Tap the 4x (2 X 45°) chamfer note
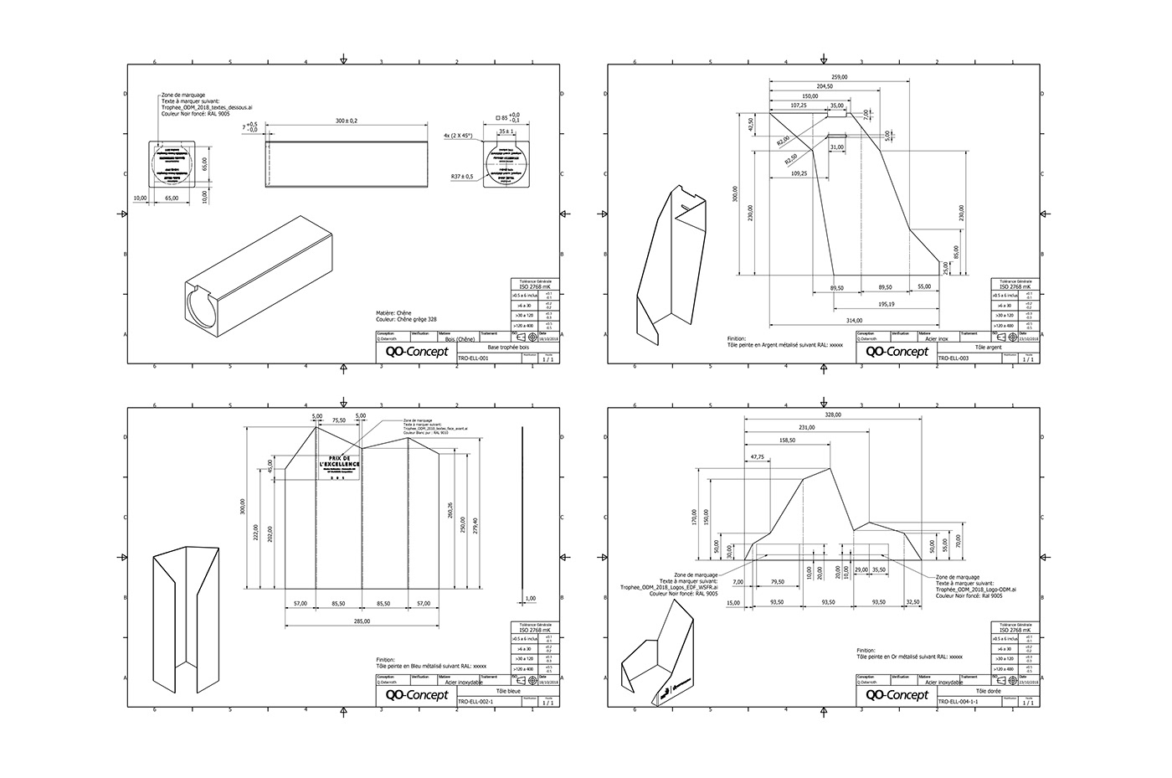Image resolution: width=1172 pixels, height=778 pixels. tap(458, 135)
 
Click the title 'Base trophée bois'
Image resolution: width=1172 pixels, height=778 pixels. tap(507, 346)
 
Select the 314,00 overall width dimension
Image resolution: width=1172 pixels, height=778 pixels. tap(854, 320)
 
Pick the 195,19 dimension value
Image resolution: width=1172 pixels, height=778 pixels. tap(886, 304)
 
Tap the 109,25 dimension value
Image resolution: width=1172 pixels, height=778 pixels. tap(798, 173)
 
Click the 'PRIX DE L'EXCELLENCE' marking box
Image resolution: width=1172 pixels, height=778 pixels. tap(338, 467)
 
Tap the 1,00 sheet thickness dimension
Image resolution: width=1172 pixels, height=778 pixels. tap(530, 599)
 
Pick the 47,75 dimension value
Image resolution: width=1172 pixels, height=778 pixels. tap(758, 457)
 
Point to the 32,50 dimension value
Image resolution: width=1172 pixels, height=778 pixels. tap(913, 602)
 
